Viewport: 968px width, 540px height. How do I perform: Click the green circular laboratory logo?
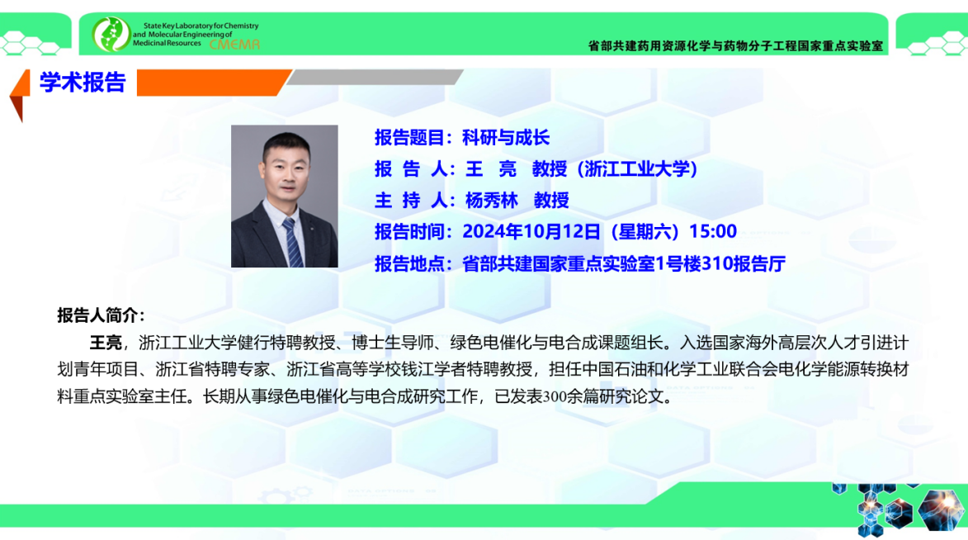111,34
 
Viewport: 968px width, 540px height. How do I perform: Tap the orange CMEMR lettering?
234,45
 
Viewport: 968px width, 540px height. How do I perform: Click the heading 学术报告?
83,83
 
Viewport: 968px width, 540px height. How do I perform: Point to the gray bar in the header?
375,78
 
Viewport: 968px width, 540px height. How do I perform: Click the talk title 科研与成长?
506,138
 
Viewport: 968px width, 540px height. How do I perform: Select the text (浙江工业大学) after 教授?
637,168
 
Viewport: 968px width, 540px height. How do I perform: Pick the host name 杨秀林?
491,200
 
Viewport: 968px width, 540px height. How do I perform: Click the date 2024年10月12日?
531,232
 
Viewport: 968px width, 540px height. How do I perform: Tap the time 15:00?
713,232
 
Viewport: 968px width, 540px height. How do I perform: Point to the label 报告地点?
409,264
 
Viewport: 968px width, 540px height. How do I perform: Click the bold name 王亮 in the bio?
106,343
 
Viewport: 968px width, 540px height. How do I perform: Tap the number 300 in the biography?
555,396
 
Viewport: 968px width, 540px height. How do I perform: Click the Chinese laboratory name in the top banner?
735,45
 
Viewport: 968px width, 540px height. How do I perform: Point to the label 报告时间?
409,232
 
